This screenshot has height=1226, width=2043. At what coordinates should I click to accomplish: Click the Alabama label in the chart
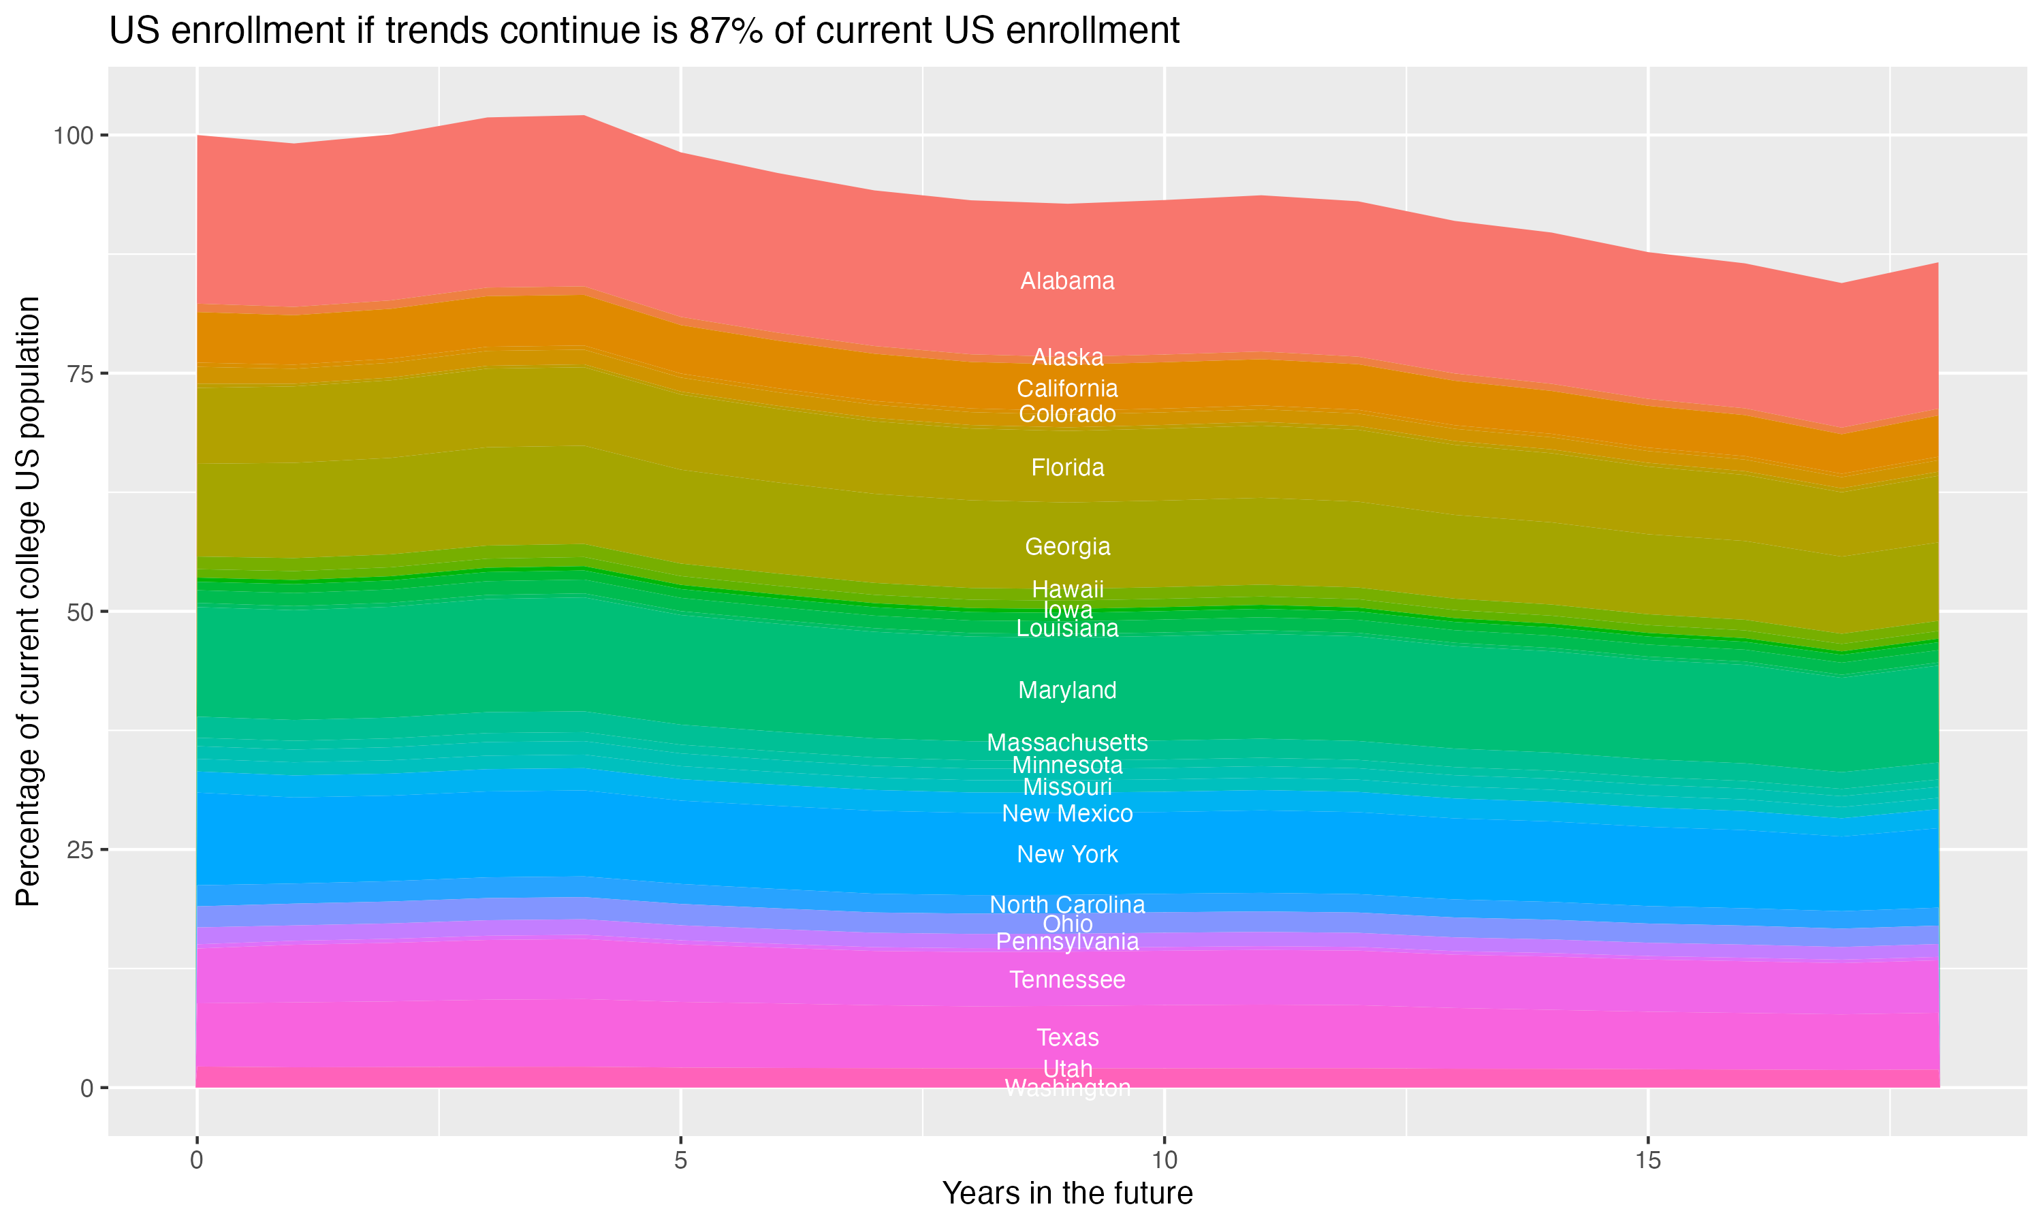tap(1067, 281)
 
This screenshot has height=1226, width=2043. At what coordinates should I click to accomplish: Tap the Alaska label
tap(1067, 357)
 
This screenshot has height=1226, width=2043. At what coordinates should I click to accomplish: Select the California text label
tap(1067, 388)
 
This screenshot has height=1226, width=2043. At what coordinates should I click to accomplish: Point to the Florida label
tap(1067, 468)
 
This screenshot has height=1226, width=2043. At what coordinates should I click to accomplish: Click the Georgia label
tap(1067, 546)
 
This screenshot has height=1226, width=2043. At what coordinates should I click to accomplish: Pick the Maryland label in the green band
tap(1067, 690)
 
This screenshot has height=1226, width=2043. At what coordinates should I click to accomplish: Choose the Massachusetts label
tap(1067, 742)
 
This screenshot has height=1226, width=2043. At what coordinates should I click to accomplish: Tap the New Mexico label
tap(1067, 814)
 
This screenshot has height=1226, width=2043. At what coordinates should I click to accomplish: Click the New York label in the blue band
tap(1067, 854)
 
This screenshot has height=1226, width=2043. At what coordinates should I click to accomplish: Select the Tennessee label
tap(1067, 980)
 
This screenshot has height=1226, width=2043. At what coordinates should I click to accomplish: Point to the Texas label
tap(1067, 1037)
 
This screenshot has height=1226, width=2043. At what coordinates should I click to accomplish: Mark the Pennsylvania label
tap(1067, 942)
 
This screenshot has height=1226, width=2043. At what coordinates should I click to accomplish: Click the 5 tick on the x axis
tap(680, 1161)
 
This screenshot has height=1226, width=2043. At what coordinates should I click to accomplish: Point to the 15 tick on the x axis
tap(1647, 1161)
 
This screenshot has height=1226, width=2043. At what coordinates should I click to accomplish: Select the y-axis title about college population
tap(28, 601)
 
